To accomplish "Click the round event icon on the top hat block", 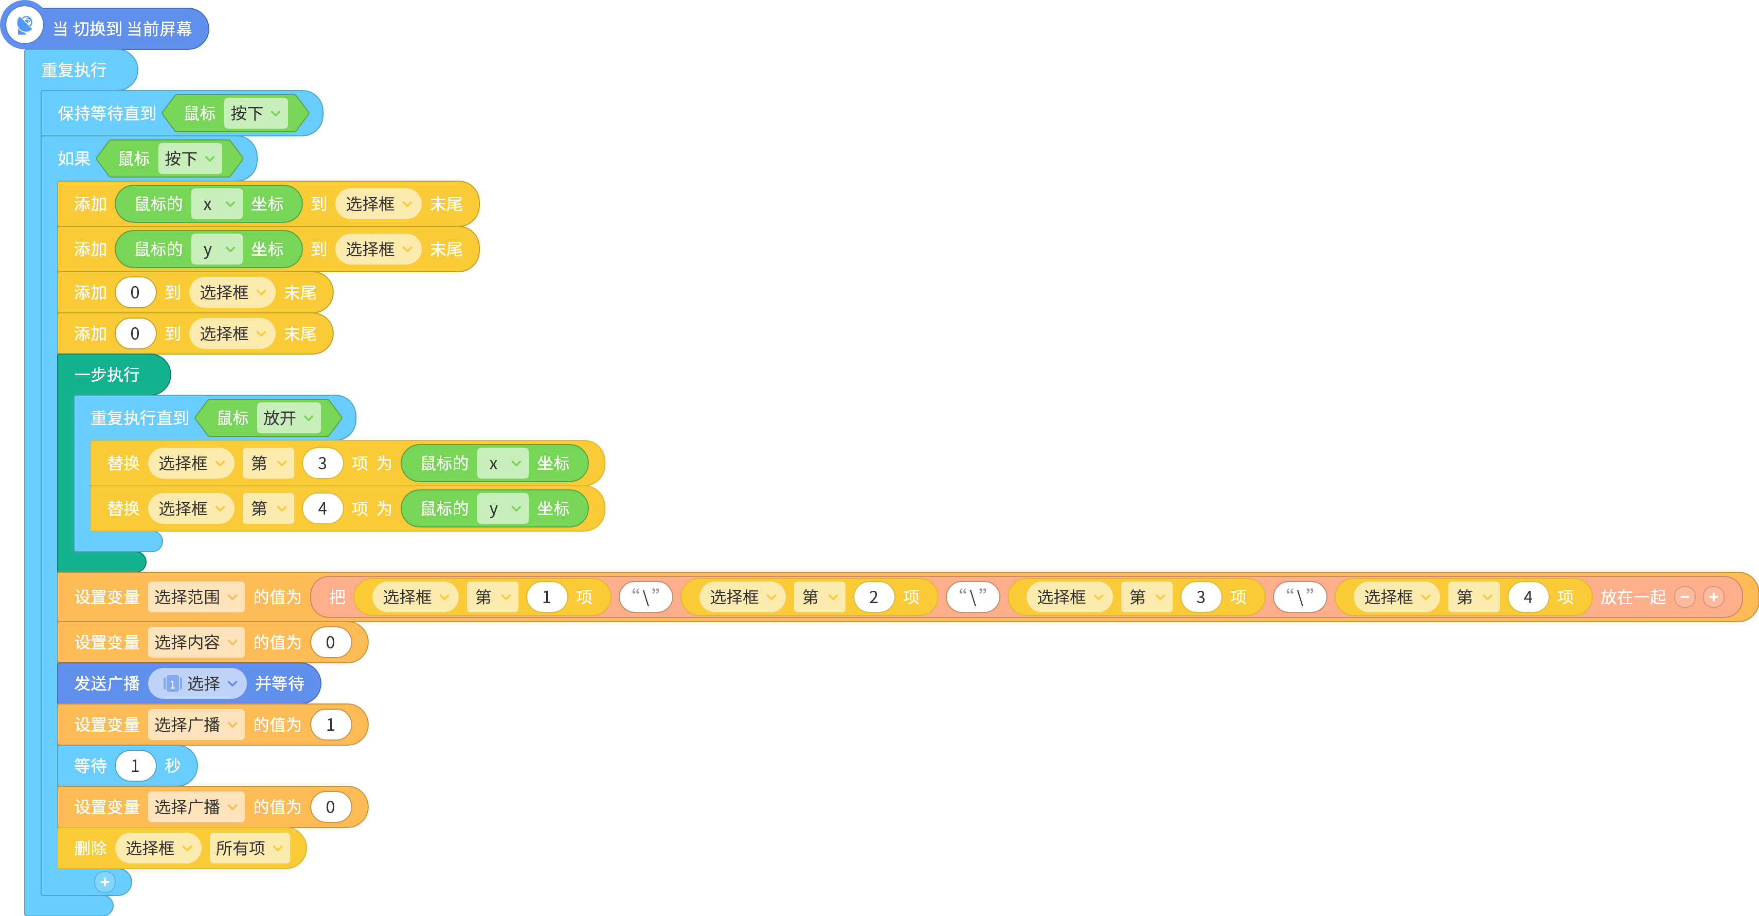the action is [25, 25].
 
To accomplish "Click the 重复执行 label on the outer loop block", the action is [74, 69].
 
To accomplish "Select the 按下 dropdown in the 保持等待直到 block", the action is [256, 113].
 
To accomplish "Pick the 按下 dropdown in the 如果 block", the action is [190, 158].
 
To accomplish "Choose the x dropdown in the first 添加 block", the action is [217, 204].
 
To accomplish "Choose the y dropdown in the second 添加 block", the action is [217, 249].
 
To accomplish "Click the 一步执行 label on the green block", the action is [106, 374].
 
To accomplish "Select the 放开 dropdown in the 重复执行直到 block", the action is [288, 417].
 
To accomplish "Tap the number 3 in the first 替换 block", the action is [322, 463].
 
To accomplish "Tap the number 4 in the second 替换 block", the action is [322, 508].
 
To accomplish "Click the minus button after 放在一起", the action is [1684, 597].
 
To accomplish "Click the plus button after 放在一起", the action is [1713, 597].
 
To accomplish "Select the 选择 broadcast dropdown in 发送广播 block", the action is [198, 683].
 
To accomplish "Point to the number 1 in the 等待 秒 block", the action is [135, 766].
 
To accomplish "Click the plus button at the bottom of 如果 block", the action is [104, 882].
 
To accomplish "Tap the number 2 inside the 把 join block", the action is [873, 597].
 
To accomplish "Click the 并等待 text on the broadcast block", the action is [279, 683].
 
